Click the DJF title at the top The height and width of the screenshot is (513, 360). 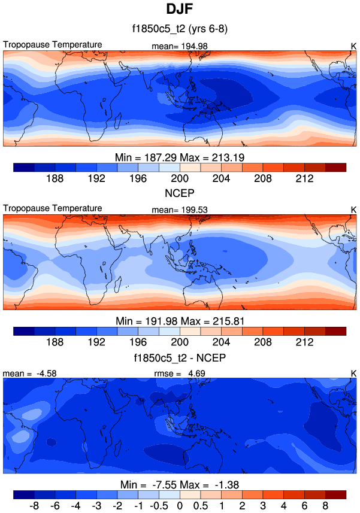[180, 10]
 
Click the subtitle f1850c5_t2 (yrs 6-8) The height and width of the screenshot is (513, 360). [180, 29]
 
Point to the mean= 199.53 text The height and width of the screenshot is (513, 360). [183, 210]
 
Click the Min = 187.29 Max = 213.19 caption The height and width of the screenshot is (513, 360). [180, 157]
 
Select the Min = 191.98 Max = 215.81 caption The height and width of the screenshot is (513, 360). [180, 321]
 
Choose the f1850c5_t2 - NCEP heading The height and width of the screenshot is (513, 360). [180, 359]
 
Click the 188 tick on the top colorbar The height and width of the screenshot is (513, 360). [55, 178]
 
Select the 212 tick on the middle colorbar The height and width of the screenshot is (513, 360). [305, 342]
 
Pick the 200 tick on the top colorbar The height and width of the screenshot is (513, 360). [180, 178]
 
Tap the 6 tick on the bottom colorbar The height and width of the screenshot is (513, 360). [305, 505]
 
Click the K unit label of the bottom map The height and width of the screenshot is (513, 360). [353, 374]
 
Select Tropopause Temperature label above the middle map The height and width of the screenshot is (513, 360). [53, 208]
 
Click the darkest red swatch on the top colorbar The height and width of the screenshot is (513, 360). [336, 167]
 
